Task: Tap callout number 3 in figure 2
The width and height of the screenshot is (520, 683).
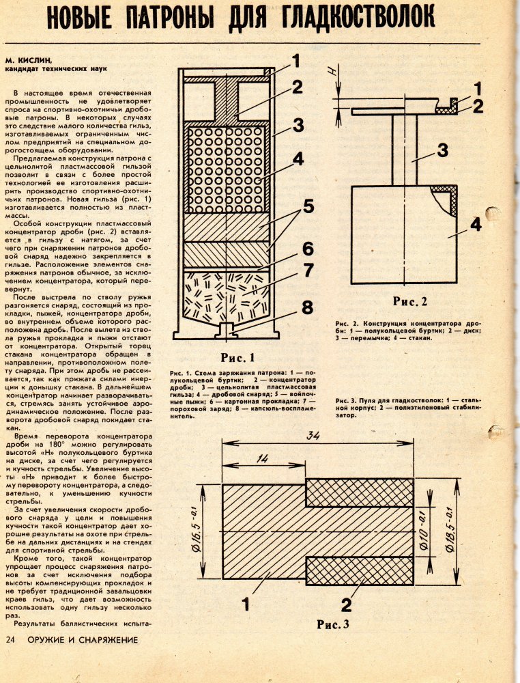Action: pos(442,150)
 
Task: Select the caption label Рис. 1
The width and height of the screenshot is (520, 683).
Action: pos(237,357)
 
